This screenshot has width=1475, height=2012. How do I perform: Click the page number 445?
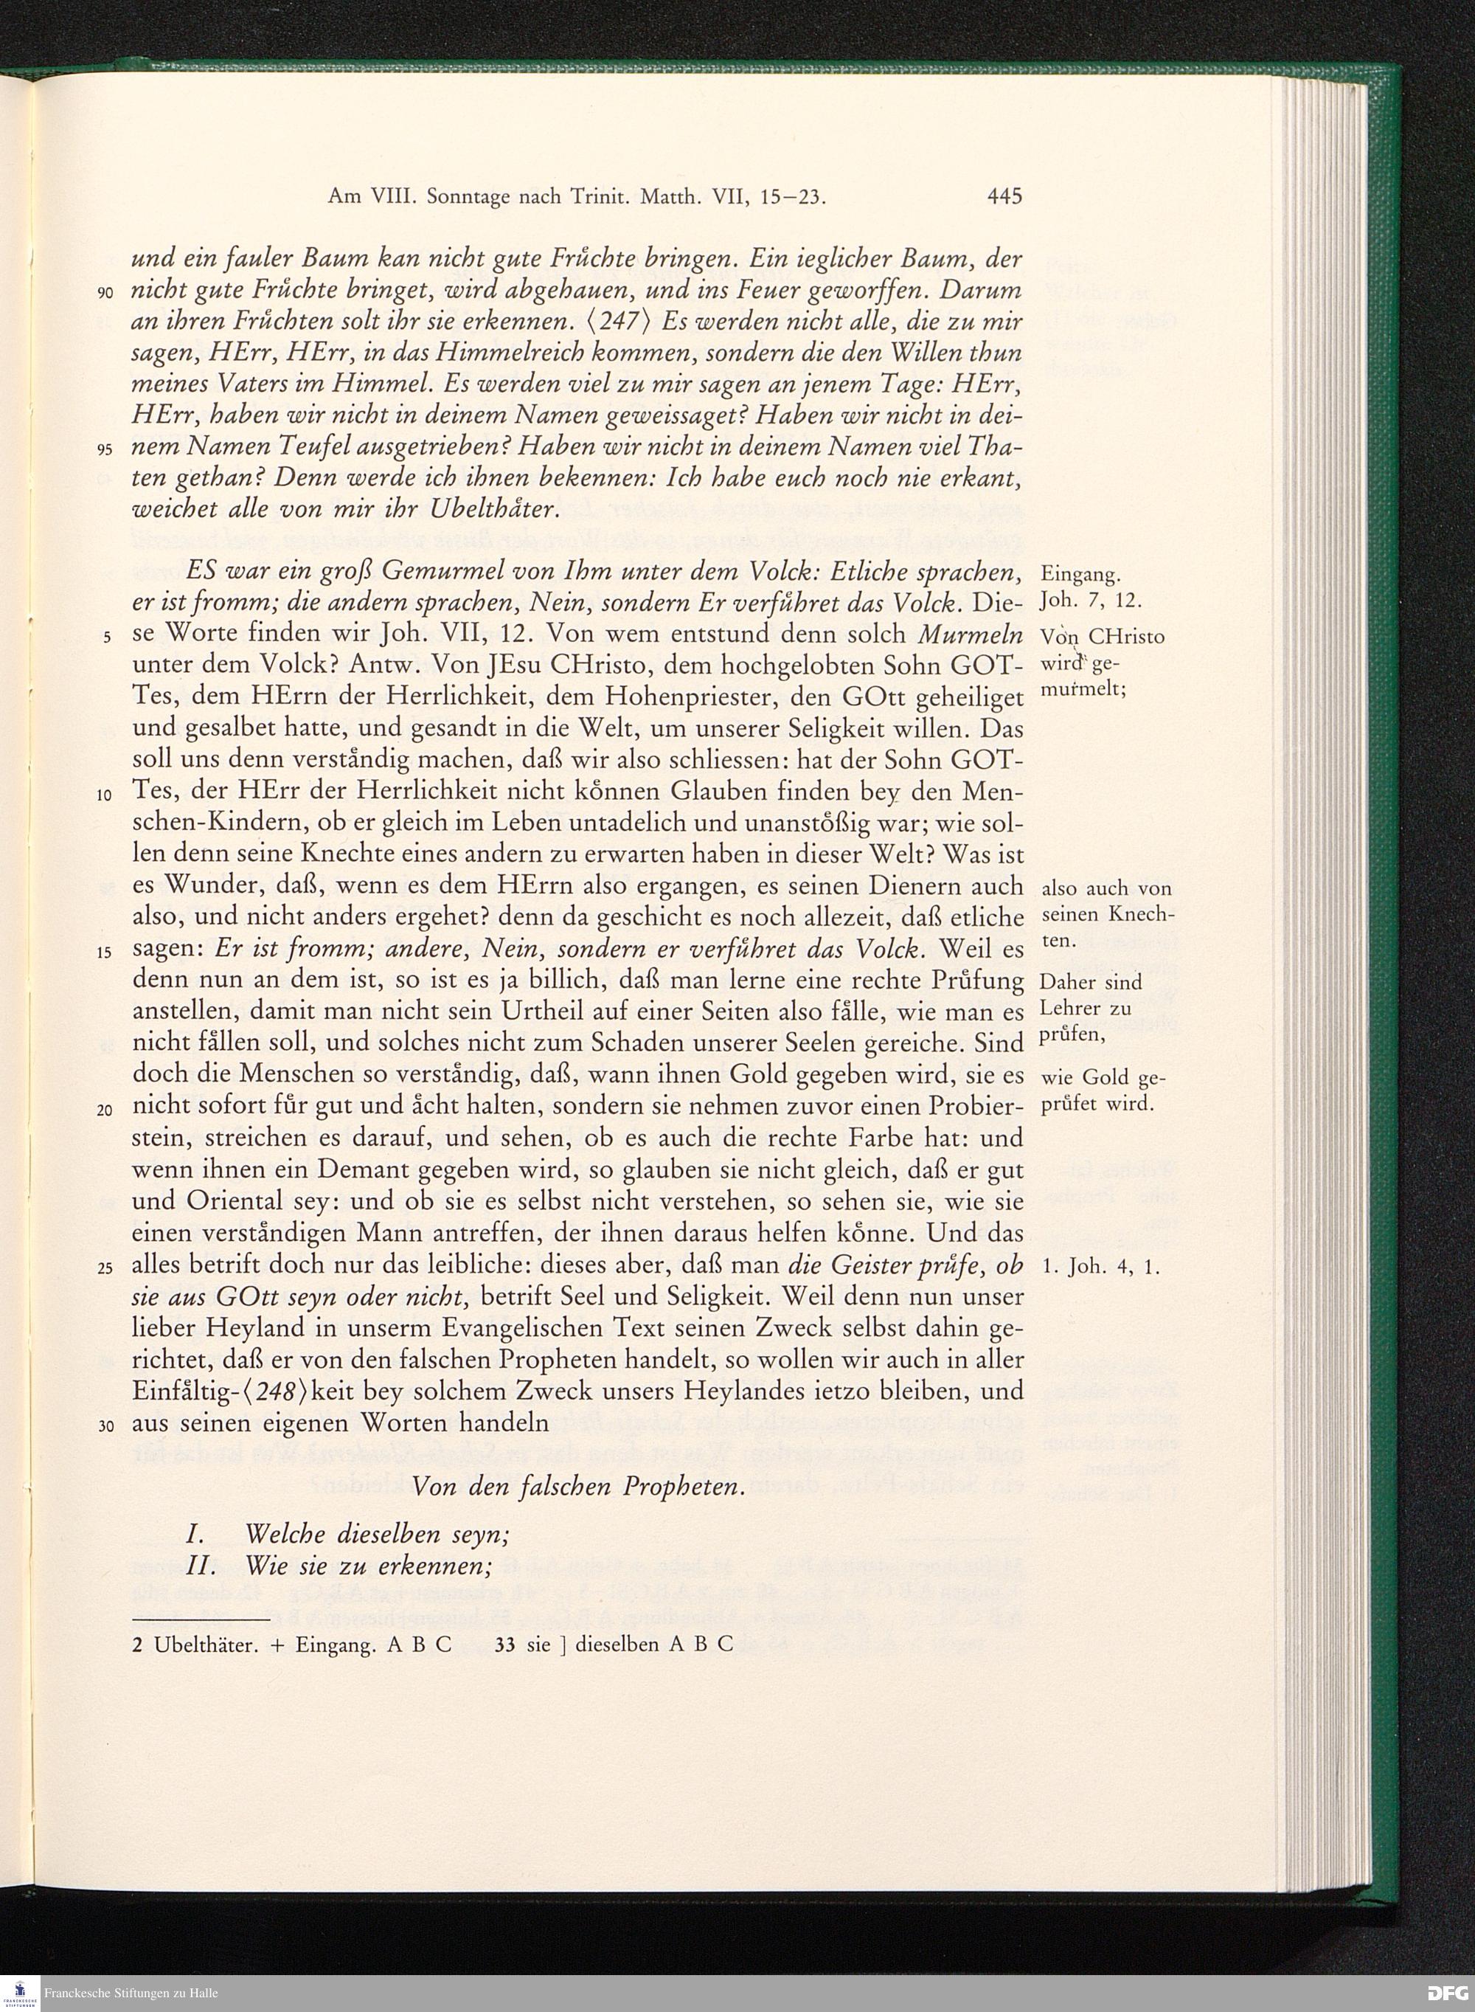[x=1004, y=196]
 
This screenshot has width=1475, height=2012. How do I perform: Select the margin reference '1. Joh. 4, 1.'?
[x=1101, y=1268]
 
